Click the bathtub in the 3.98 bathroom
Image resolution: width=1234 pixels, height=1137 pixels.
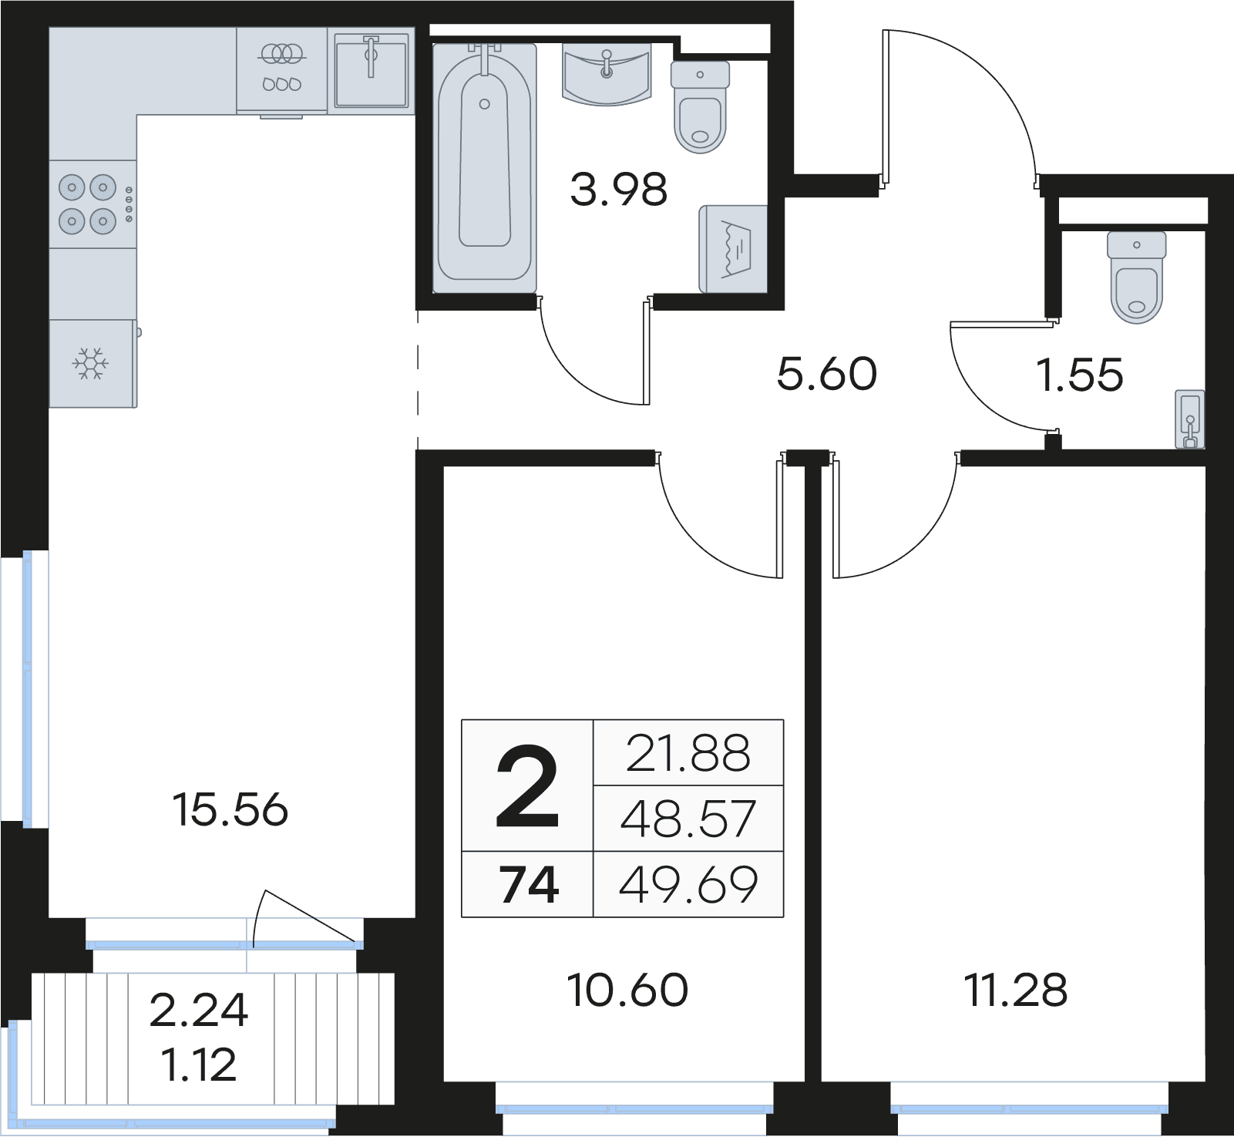point(484,168)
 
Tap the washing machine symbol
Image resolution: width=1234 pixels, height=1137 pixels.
point(733,249)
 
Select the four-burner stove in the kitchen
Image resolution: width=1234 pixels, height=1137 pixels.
point(92,204)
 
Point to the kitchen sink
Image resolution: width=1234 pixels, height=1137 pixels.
point(371,69)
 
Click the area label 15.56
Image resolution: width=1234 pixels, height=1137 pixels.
point(230,810)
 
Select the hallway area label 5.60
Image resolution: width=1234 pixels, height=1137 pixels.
point(827,375)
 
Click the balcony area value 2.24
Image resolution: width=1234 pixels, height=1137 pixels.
point(199,1011)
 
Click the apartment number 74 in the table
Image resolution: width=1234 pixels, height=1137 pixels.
point(529,885)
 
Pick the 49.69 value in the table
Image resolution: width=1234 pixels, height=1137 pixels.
point(688,885)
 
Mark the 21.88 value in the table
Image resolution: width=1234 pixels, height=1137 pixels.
point(688,754)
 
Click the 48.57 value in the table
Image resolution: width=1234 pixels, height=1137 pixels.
point(688,819)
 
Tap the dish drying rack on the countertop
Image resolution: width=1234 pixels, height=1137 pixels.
point(281,69)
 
